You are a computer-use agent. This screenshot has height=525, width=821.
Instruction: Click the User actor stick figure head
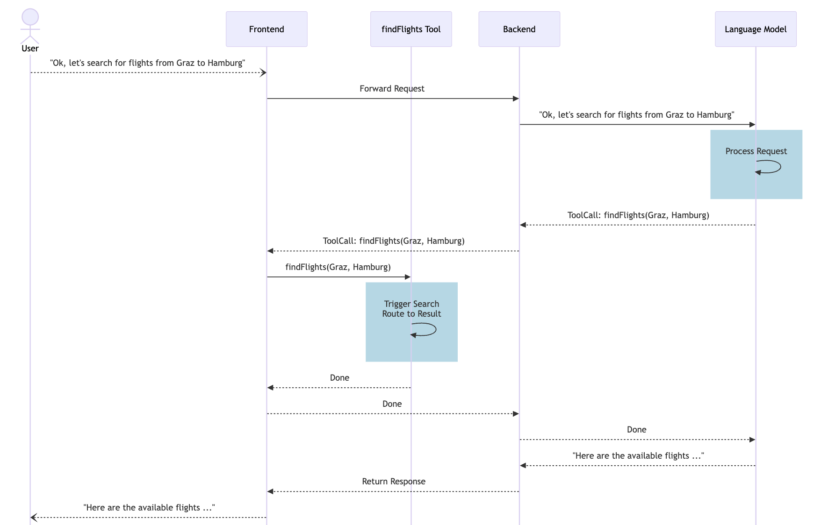pyautogui.click(x=30, y=17)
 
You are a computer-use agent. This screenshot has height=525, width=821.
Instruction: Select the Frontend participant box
pyautogui.click(x=266, y=29)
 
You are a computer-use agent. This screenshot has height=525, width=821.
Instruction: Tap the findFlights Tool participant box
pyautogui.click(x=411, y=29)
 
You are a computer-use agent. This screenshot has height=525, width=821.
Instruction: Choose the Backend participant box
pyautogui.click(x=519, y=29)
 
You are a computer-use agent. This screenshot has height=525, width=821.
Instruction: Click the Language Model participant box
pyautogui.click(x=756, y=29)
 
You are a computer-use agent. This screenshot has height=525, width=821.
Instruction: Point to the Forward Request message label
pyautogui.click(x=392, y=89)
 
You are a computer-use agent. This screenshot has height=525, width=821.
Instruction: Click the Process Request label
pyautogui.click(x=756, y=151)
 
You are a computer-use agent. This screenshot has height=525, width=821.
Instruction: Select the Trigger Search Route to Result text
pyautogui.click(x=411, y=309)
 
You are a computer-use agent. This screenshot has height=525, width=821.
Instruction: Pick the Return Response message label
pyautogui.click(x=394, y=482)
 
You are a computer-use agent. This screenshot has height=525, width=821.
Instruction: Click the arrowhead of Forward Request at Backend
pyautogui.click(x=516, y=99)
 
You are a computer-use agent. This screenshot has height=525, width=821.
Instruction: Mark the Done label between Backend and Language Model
pyautogui.click(x=636, y=430)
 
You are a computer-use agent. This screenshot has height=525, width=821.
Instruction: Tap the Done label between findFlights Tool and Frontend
pyautogui.click(x=339, y=378)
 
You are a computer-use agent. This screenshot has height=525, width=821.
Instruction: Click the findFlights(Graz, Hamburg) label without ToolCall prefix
pyautogui.click(x=338, y=267)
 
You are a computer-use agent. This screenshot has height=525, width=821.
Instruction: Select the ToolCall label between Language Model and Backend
pyautogui.click(x=638, y=215)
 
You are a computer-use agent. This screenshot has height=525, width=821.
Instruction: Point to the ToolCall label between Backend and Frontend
pyautogui.click(x=394, y=241)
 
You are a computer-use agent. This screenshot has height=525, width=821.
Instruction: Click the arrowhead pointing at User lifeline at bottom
pyautogui.click(x=33, y=518)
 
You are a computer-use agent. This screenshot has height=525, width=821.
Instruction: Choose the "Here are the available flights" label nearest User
pyautogui.click(x=149, y=508)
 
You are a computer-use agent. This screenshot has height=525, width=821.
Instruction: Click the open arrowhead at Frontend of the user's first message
pyautogui.click(x=264, y=72)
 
